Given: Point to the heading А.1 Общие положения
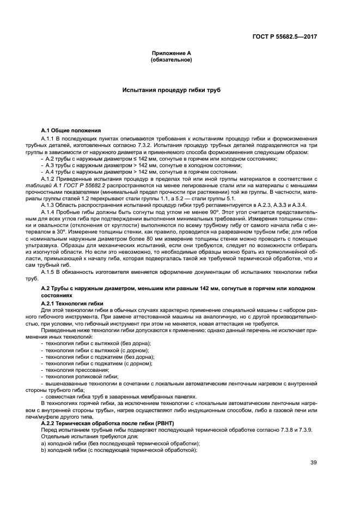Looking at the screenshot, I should (71, 131).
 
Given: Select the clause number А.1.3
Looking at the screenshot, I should (48, 204).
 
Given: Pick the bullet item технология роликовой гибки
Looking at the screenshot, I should (77, 376).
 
